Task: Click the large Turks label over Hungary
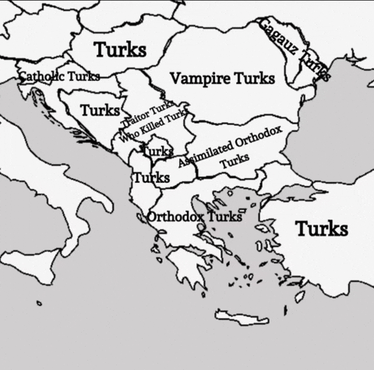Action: (120, 50)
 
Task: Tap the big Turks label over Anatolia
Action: (322, 229)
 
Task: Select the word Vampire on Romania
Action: (195, 79)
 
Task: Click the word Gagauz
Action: (277, 39)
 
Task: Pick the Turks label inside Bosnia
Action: (100, 110)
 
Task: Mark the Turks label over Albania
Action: (150, 177)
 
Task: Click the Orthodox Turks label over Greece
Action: (194, 216)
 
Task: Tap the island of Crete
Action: (242, 316)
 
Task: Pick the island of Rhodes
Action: (299, 296)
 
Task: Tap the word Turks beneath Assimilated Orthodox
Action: (235, 159)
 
